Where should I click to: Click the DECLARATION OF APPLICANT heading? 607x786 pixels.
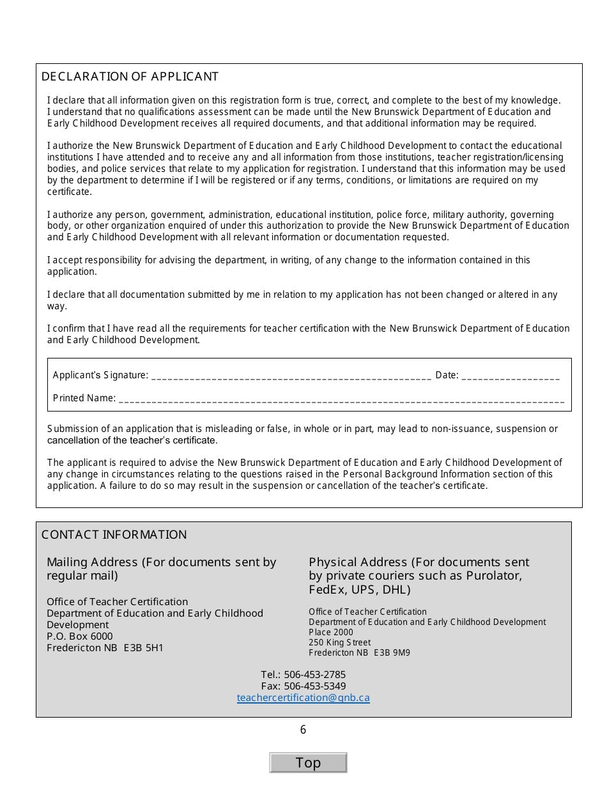point(130,77)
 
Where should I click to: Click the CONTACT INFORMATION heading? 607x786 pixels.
point(114,535)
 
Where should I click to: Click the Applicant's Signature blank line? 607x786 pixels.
point(291,376)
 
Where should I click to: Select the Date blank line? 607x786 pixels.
point(510,376)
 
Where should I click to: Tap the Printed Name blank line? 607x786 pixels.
point(341,399)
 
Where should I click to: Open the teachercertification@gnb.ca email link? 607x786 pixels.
point(303,698)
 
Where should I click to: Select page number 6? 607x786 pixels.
point(303,730)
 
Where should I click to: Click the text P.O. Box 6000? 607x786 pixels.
point(79,636)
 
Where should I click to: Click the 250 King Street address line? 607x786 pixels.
point(339,643)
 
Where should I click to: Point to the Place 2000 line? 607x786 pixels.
point(330,633)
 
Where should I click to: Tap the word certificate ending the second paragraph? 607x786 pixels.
point(68,192)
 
